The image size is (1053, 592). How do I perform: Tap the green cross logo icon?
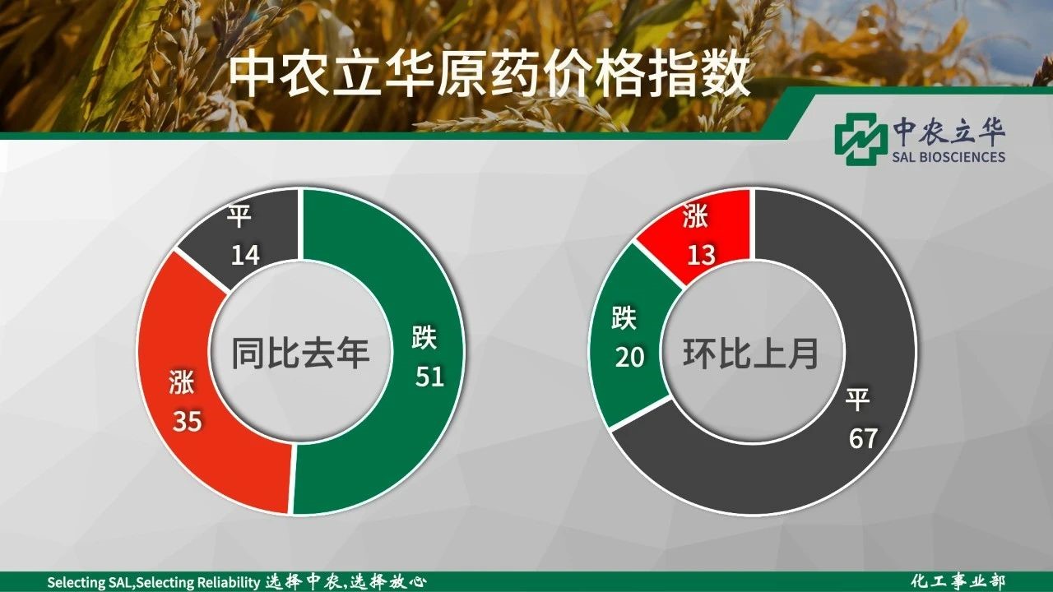click(x=857, y=139)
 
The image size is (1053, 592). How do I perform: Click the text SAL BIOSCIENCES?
click(x=949, y=156)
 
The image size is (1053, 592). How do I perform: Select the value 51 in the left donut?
click(x=429, y=376)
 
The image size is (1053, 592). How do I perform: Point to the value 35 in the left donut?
click(x=187, y=420)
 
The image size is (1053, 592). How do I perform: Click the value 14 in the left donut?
click(x=245, y=255)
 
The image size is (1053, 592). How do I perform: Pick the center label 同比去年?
click(x=300, y=353)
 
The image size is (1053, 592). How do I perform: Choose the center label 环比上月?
click(x=751, y=353)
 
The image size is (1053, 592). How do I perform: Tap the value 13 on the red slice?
click(x=702, y=254)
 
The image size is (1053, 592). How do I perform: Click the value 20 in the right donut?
click(x=630, y=357)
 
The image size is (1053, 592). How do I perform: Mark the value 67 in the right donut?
click(x=863, y=438)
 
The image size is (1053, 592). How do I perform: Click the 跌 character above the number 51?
click(x=424, y=336)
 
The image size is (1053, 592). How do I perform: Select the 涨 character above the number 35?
click(x=182, y=382)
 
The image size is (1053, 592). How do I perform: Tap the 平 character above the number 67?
click(x=858, y=399)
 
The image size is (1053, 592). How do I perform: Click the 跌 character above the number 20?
click(x=624, y=317)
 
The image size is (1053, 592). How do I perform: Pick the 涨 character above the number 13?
click(x=695, y=215)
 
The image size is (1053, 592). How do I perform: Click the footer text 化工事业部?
click(x=958, y=581)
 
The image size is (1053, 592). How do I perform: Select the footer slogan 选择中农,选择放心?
click(x=346, y=582)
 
